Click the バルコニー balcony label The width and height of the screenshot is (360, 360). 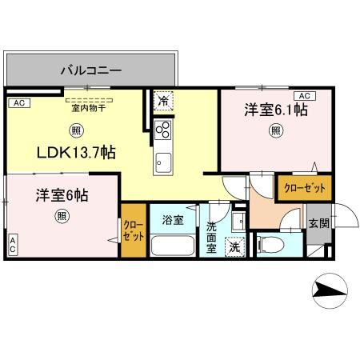[91, 70]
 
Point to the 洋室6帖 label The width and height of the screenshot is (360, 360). [60, 194]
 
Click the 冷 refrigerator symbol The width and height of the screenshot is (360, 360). [163, 101]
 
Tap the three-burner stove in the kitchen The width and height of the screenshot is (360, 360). [162, 130]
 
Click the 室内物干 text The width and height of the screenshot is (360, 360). [88, 108]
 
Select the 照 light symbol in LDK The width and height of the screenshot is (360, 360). [74, 130]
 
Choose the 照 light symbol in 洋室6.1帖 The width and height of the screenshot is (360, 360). [274, 130]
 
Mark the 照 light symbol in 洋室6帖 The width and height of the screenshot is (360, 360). [61, 217]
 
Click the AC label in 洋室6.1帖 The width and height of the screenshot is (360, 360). [301, 95]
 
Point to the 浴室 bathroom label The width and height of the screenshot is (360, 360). [173, 218]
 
